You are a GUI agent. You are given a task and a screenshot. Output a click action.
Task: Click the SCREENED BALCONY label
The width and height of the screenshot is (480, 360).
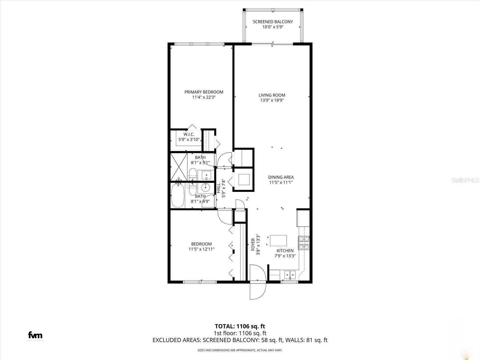273,22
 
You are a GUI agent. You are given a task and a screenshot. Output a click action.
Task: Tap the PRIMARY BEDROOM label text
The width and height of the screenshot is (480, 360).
204,92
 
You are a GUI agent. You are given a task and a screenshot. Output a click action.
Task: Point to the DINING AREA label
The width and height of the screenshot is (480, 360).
281,177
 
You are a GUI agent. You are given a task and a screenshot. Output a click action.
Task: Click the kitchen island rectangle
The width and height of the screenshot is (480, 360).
278,241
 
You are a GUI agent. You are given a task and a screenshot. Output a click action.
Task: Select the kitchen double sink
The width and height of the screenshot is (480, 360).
290,274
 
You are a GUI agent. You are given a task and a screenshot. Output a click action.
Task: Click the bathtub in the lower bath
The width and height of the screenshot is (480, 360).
178,195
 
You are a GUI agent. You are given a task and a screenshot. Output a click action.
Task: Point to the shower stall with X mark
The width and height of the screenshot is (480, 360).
179,167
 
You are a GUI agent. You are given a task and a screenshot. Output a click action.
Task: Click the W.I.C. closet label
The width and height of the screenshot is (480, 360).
189,134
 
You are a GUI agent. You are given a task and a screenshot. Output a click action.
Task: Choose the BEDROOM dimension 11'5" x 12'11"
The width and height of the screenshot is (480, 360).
201,249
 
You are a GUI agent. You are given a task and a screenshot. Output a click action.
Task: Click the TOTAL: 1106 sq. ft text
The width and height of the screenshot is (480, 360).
240,326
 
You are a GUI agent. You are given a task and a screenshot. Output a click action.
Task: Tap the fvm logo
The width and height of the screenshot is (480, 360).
35,335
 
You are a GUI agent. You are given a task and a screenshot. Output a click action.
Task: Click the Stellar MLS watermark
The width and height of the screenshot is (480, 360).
466,180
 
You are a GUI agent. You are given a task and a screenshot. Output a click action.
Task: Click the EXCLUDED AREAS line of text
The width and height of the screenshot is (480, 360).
240,340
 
